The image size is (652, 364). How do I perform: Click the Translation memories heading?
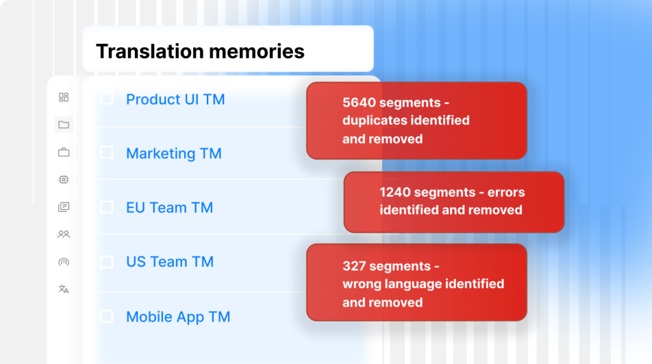coord(200,52)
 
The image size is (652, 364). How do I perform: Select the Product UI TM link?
coord(176,99)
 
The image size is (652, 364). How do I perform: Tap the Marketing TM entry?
coord(174,153)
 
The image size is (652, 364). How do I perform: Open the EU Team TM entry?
coord(169,207)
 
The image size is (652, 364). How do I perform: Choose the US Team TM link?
coord(169,262)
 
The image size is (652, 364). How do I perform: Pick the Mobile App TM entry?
coord(178,317)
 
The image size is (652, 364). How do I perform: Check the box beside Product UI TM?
coord(106,98)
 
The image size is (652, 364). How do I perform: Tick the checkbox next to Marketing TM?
coord(106,153)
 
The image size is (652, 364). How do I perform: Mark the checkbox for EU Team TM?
coord(106,207)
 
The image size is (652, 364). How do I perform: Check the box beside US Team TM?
coord(106,262)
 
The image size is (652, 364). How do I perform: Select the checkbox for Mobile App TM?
coord(106,316)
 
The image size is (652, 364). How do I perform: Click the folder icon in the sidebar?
coord(64,125)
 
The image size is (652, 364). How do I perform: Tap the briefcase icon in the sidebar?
coord(64,152)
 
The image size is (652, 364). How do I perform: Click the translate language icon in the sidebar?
coord(64,289)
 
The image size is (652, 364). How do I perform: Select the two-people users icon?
coord(64,234)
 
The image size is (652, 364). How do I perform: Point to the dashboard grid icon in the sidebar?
coord(64,97)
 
